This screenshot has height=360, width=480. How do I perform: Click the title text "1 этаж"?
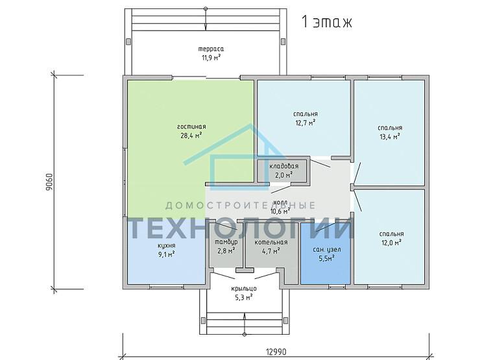click(327, 22)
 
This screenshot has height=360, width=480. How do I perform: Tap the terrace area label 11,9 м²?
click(211, 57)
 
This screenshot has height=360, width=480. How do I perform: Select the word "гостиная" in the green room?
click(191, 126)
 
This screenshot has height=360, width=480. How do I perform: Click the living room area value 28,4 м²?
click(191, 136)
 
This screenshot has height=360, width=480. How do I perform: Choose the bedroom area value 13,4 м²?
click(390, 136)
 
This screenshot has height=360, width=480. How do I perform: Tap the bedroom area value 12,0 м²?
click(392, 243)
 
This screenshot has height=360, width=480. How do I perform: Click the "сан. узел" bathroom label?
click(327, 250)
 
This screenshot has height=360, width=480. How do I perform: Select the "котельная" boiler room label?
click(271, 243)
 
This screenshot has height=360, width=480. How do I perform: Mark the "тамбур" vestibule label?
click(226, 242)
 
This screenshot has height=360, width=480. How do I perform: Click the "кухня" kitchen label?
click(167, 245)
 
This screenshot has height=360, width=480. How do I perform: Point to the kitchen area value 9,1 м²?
click(167, 254)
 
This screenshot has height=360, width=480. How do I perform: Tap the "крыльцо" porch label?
click(244, 289)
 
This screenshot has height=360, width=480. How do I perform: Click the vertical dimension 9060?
click(49, 182)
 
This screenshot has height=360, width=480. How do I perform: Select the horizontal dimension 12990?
click(276, 352)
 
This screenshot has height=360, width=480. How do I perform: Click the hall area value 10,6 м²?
click(280, 211)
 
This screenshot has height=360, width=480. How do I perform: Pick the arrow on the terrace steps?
click(206, 19)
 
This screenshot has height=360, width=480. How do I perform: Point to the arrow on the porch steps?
click(245, 324)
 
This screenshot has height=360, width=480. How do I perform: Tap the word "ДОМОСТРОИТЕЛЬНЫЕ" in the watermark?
click(240, 205)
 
